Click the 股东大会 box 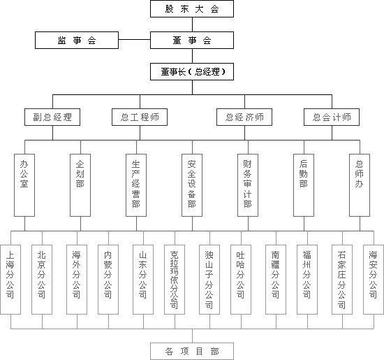192,9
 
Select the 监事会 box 77,40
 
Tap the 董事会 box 192,40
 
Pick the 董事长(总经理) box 192,71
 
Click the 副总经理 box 52,117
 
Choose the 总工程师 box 140,117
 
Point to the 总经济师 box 244,117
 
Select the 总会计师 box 332,117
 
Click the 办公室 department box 24,185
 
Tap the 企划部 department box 80,185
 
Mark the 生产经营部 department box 136,185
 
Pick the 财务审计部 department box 248,185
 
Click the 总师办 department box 360,185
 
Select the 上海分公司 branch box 10,280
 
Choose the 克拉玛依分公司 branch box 175,280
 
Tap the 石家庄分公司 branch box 342,280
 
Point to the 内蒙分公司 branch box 108,280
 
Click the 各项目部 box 192,352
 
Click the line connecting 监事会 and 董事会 135,39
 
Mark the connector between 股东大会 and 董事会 192,24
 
